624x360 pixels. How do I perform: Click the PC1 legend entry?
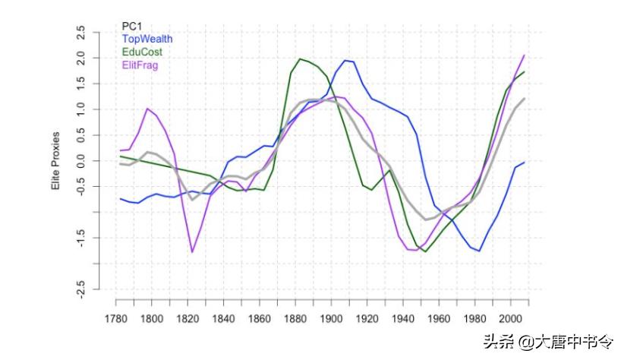point(132,26)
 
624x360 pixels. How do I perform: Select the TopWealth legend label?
point(147,39)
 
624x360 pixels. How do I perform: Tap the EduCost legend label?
point(142,52)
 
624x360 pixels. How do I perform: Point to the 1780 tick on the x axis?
point(115,318)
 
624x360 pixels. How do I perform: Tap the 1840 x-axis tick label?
point(222,318)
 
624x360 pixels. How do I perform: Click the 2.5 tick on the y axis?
point(81,33)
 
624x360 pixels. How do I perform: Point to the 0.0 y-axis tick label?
point(81,161)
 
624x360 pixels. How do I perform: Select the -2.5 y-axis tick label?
point(81,289)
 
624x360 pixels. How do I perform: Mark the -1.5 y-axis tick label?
point(81,238)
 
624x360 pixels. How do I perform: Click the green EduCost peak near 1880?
point(301,58)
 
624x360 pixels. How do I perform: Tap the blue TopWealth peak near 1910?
point(345,61)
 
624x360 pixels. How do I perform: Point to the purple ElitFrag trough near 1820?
point(192,251)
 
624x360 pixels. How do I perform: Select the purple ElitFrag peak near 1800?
point(148,109)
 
